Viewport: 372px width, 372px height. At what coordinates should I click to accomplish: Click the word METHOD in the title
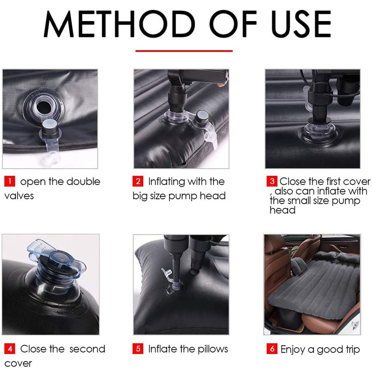pos(119,24)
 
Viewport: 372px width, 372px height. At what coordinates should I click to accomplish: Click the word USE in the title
pos(301,24)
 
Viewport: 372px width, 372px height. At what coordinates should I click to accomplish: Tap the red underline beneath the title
pos(184,51)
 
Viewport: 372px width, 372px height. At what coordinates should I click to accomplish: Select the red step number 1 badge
pos(10,181)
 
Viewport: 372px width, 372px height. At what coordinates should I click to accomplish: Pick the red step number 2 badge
pos(138,181)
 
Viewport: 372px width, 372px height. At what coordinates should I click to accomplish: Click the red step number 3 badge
pos(272,181)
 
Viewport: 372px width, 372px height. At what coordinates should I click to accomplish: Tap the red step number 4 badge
pos(10,349)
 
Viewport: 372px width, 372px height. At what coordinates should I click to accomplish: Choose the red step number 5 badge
pos(138,349)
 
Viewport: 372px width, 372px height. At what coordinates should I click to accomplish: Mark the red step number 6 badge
pos(272,349)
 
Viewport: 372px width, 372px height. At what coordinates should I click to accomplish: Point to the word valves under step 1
pos(19,196)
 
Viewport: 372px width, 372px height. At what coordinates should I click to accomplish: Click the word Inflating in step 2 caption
pos(167,182)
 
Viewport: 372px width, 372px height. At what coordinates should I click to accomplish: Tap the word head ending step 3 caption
pos(283,210)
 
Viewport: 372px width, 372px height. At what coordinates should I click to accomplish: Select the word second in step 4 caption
pos(87,349)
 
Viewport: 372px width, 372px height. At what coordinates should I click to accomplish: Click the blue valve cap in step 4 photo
pos(57,259)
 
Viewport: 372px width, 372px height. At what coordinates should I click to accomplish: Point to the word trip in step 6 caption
pos(353,350)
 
